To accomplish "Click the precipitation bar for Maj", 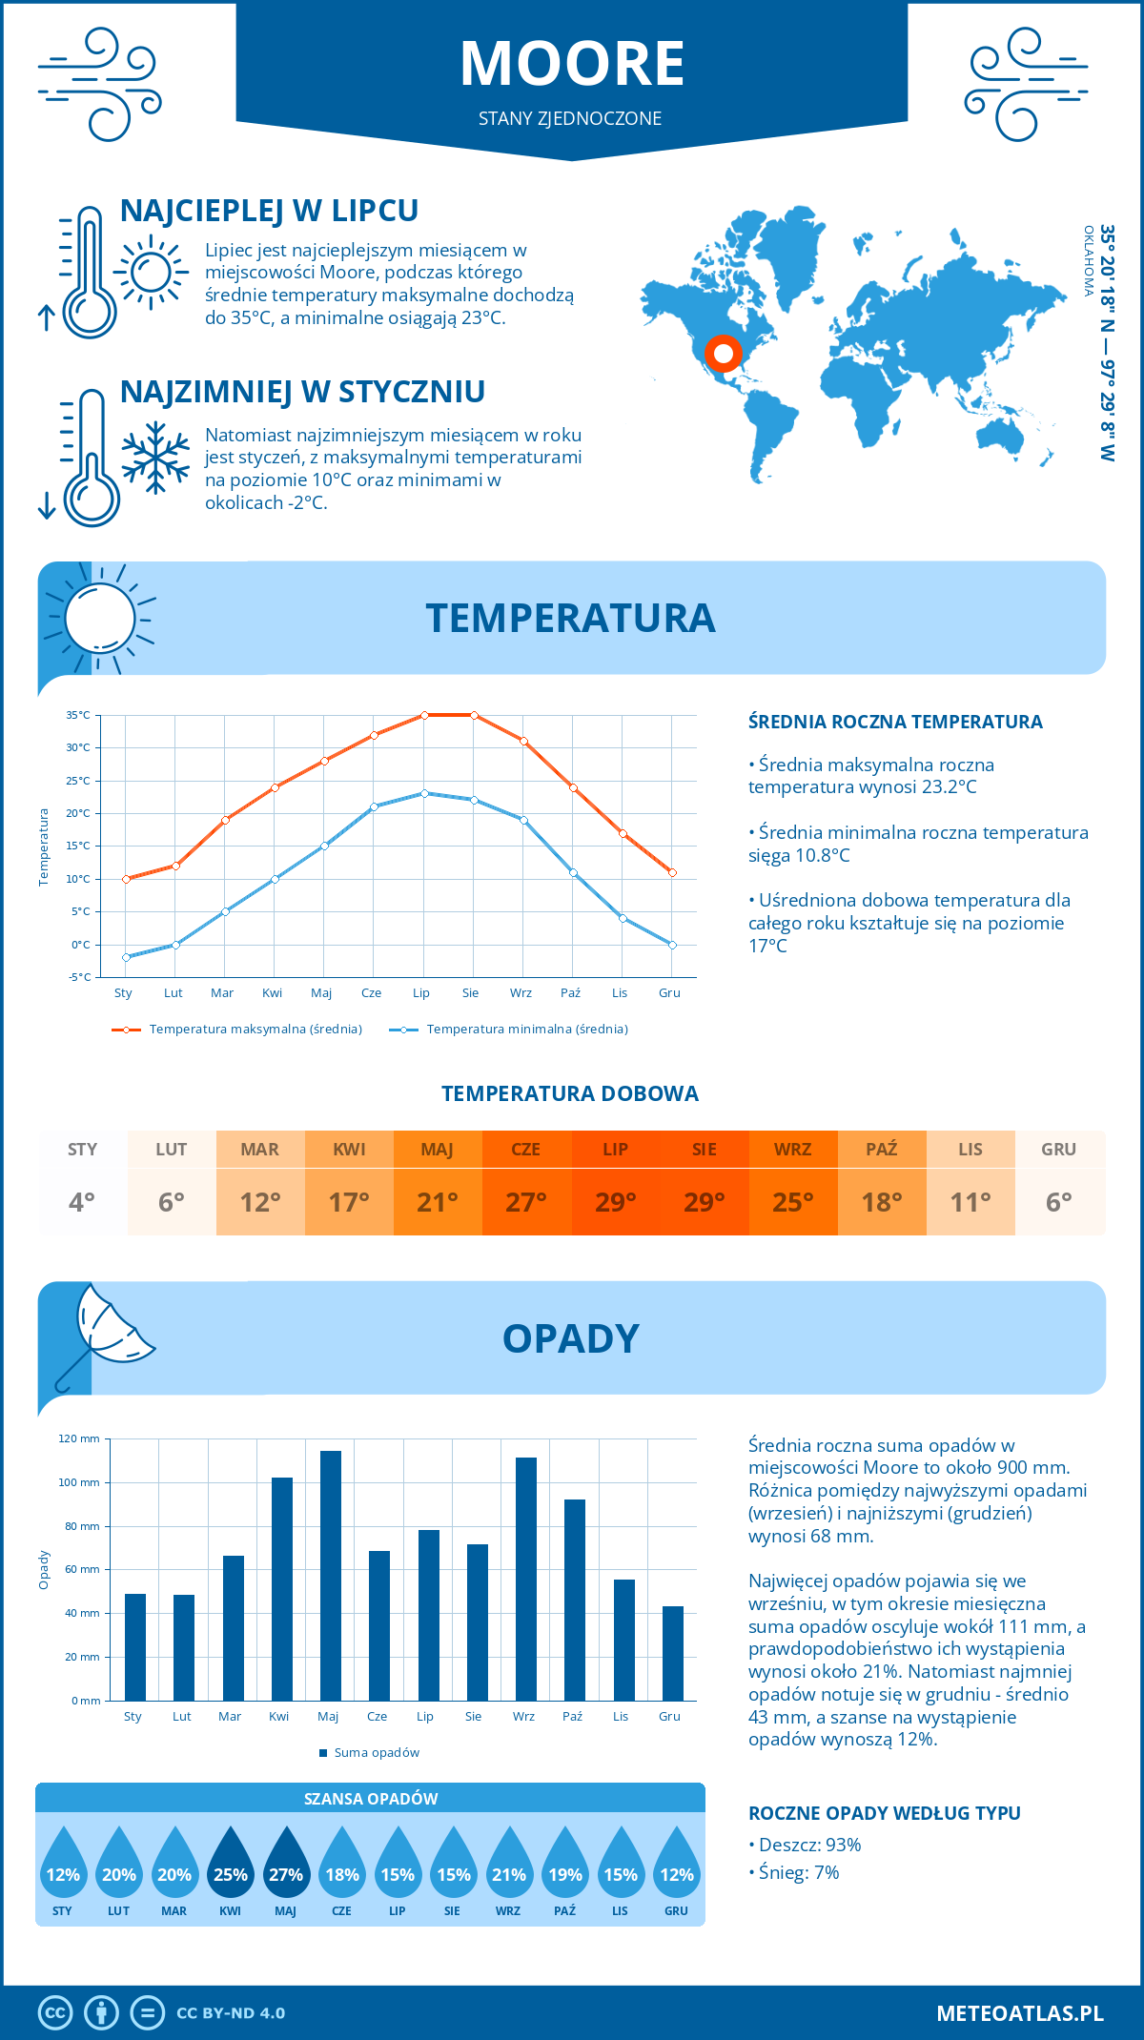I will [x=331, y=1576].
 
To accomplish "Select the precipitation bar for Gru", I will [x=673, y=1653].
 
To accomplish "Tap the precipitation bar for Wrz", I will [x=526, y=1579].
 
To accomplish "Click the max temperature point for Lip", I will [x=424, y=715].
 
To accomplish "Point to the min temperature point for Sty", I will [x=126, y=957].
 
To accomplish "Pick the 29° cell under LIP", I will [x=615, y=1202].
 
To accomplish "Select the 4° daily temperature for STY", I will [x=82, y=1202].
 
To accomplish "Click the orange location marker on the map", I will [x=724, y=354].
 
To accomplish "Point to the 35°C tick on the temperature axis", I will [x=78, y=715].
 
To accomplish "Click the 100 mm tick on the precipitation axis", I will [x=79, y=1482].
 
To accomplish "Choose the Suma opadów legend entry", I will [x=376, y=1753].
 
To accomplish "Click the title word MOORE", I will [x=572, y=64].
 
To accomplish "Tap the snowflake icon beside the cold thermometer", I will [x=155, y=458].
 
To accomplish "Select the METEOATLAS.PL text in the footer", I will [x=1020, y=2013].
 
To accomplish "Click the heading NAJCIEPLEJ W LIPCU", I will [x=269, y=211].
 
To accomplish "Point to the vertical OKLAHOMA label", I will [x=1089, y=260].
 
